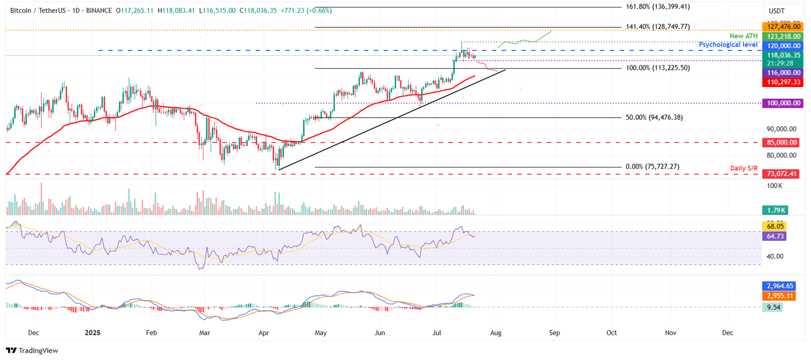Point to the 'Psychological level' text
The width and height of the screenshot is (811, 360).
pos(728,45)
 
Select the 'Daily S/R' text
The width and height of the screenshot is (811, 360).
pos(744,168)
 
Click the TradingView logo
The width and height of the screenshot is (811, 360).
pos(32,350)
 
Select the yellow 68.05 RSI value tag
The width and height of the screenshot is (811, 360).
pos(775,226)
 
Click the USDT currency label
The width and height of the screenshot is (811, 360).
pos(776,11)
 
